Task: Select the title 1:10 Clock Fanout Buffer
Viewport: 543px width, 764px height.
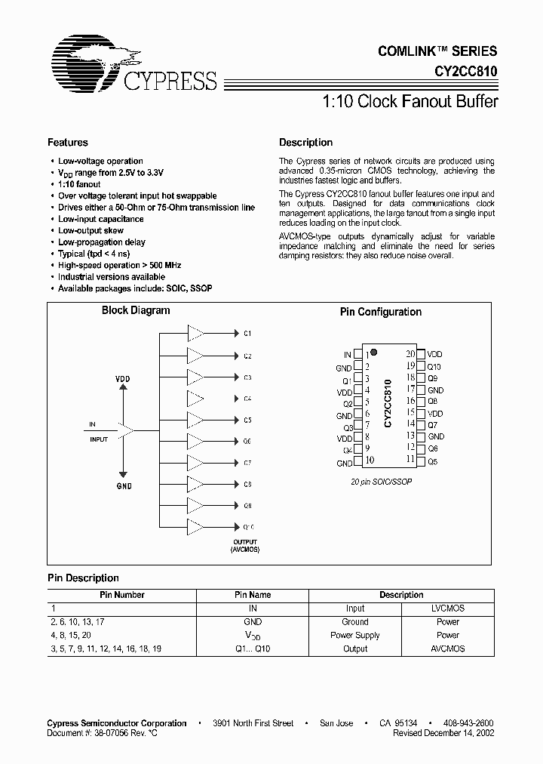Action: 410,102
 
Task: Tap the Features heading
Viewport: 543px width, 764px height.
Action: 68,143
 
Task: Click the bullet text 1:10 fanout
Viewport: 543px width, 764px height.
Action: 79,184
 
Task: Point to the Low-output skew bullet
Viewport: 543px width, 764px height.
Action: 90,230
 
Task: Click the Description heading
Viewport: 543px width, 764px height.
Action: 305,143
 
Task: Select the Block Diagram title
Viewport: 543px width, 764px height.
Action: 136,310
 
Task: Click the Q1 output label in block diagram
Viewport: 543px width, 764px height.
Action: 247,333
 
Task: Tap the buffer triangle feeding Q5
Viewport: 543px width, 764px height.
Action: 195,419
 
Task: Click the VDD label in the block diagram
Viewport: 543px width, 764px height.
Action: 123,378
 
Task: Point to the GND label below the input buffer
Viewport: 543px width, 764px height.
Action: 124,486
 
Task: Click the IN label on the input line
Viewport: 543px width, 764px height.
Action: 92,426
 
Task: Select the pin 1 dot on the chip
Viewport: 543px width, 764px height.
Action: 374,353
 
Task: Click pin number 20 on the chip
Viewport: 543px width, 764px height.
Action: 410,353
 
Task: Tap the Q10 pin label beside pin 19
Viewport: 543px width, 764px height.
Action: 434,366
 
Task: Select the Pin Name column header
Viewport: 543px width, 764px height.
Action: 253,595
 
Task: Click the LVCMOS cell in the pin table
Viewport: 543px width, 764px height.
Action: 447,608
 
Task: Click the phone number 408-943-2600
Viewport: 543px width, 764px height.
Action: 469,722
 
